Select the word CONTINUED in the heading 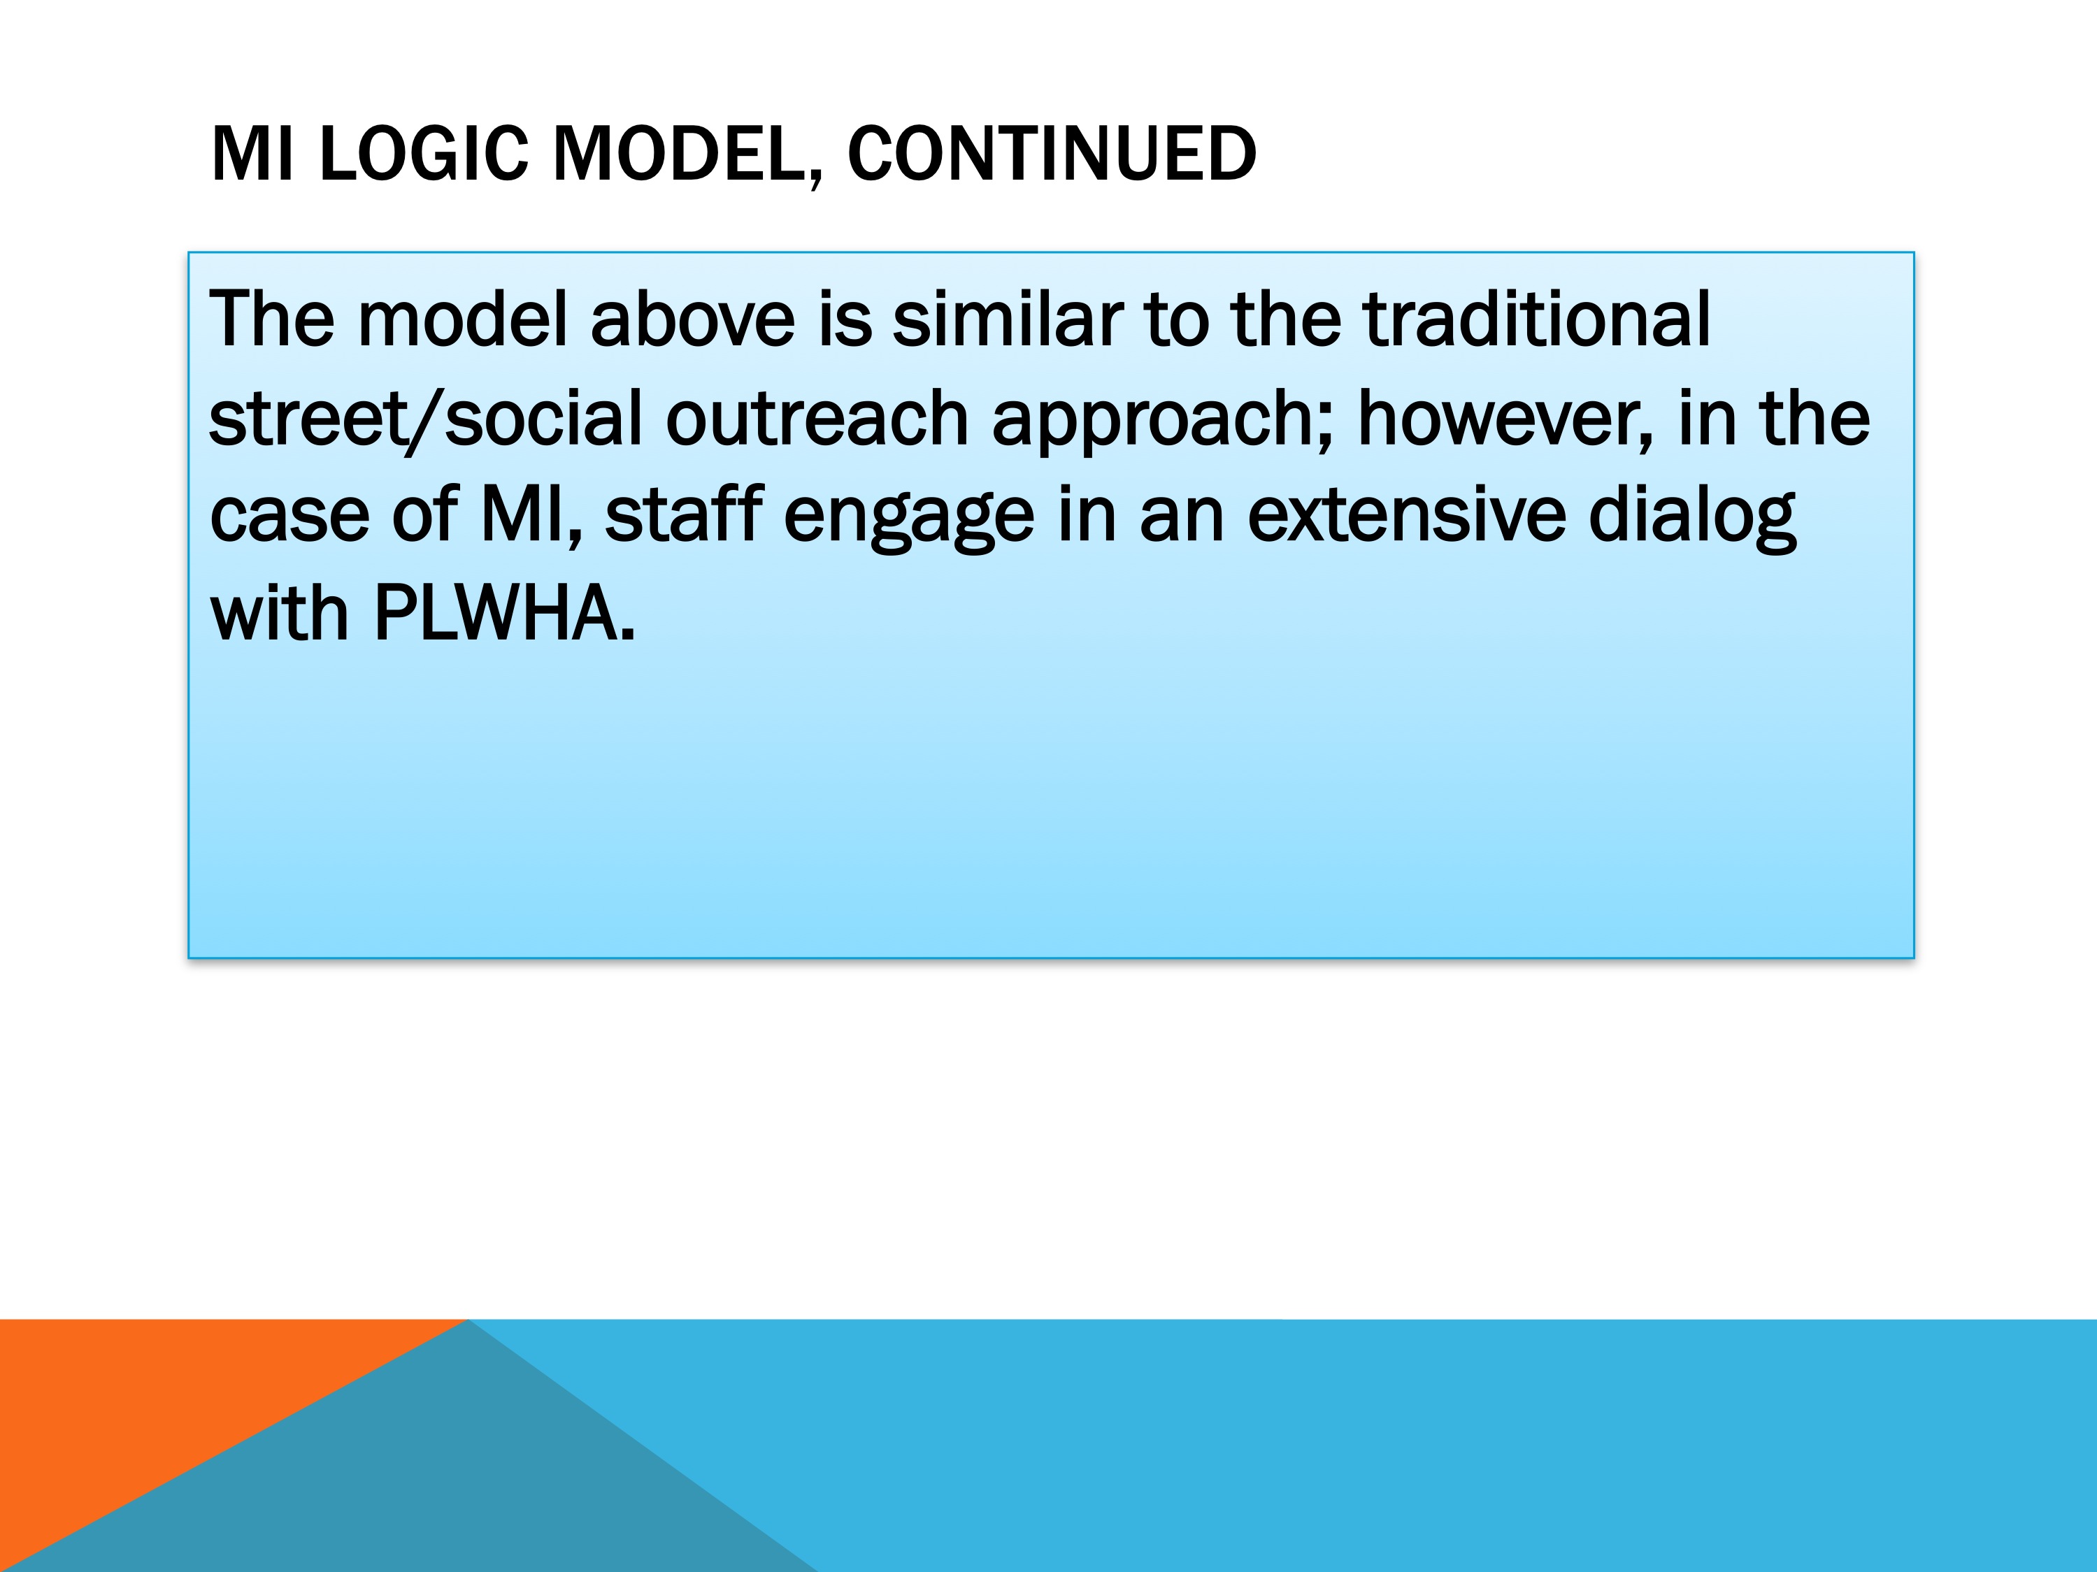coord(1052,154)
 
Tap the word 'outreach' coord(817,418)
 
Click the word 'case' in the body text coord(289,517)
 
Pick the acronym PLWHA coord(504,614)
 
